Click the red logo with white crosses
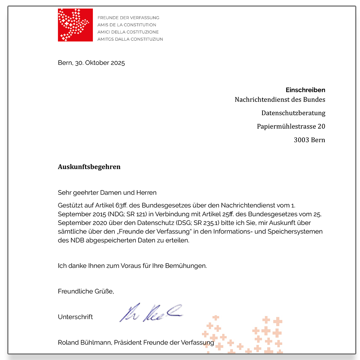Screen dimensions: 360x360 [x=75, y=25]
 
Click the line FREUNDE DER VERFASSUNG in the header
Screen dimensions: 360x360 [x=128, y=18]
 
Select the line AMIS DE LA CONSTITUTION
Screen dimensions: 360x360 [x=127, y=25]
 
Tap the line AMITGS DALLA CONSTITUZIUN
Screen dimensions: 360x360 [x=130, y=39]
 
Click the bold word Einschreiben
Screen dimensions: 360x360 [x=305, y=90]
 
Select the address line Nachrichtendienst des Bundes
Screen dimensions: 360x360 [x=280, y=99]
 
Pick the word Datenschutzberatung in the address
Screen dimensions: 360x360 [x=293, y=113]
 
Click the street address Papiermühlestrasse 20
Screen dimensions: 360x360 [x=291, y=126]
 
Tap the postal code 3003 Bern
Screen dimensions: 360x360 [x=309, y=140]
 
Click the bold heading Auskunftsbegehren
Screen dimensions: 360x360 [x=89, y=167]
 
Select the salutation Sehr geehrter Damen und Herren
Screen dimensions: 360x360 [x=107, y=193]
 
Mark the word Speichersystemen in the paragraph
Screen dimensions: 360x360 [x=295, y=231]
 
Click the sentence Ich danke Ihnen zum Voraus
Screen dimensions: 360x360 [x=132, y=266]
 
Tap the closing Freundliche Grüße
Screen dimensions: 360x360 [x=86, y=291]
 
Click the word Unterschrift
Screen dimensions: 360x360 [x=75, y=317]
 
